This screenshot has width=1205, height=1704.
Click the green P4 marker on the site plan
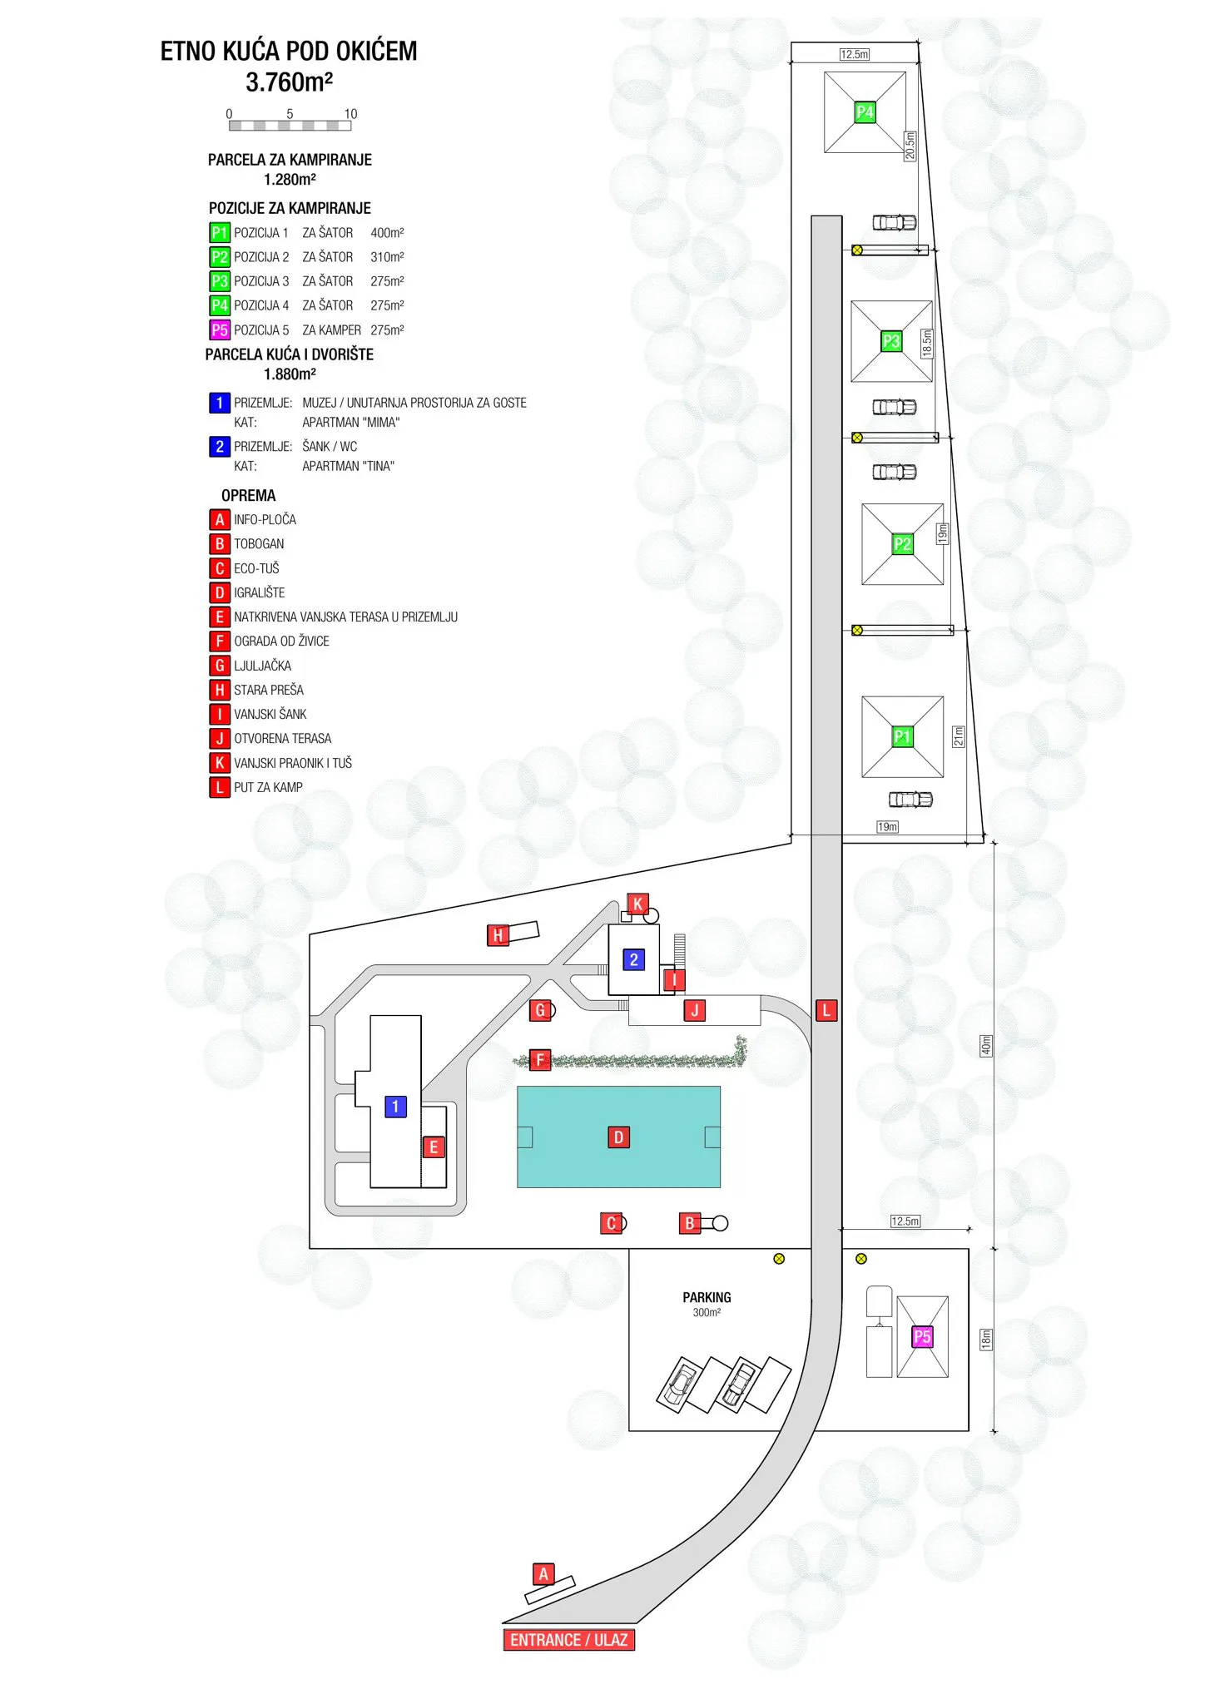click(x=865, y=111)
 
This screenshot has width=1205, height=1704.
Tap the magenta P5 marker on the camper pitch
click(x=922, y=1336)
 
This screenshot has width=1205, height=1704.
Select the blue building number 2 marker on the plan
click(x=634, y=959)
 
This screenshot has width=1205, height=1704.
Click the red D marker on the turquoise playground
click(x=618, y=1137)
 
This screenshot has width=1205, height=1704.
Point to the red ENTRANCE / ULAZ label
click(x=569, y=1639)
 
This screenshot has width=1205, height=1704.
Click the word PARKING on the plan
click(x=707, y=1297)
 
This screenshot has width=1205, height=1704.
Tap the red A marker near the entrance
click(x=543, y=1573)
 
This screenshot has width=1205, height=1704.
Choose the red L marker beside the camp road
click(x=826, y=1010)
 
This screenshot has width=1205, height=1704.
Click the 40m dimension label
click(x=986, y=1046)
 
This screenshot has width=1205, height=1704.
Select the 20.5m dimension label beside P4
click(x=910, y=146)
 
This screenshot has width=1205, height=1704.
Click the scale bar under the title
click(x=290, y=126)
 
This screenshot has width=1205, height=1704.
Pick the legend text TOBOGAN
click(x=259, y=544)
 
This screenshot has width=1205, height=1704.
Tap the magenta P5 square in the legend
click(x=220, y=329)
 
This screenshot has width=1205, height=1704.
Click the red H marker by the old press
click(x=498, y=935)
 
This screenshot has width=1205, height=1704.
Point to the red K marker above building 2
click(x=638, y=904)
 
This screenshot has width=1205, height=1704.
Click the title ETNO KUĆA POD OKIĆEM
click(x=289, y=52)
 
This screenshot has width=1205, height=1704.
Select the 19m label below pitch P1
click(x=888, y=827)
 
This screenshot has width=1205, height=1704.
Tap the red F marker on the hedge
click(x=540, y=1060)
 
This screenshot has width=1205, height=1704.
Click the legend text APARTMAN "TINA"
click(x=348, y=467)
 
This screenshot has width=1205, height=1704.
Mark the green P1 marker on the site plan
click(x=902, y=736)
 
